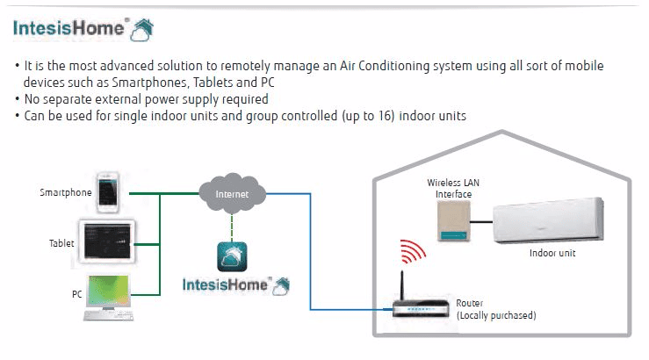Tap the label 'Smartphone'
coord(66,191)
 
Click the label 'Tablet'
coord(62,242)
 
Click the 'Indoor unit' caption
coord(552,254)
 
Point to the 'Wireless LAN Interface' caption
coord(450,188)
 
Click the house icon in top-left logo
coord(141,30)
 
